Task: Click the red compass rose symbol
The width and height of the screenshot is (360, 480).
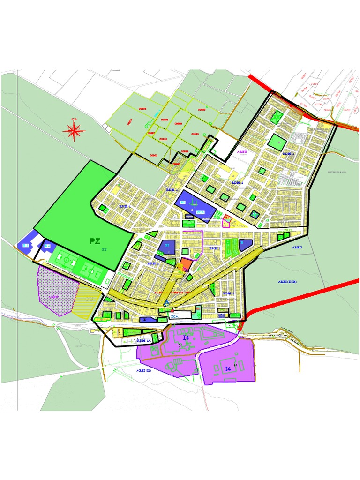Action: (75, 131)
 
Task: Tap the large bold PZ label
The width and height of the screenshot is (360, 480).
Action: (95, 241)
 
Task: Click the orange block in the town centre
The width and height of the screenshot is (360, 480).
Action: (186, 265)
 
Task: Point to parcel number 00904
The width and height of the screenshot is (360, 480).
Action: (130, 120)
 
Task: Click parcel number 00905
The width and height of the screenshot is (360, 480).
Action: (142, 109)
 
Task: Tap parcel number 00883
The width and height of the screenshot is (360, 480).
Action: (202, 110)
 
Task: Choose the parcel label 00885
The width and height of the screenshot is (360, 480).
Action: (195, 134)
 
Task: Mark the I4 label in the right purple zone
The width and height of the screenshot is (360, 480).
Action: (228, 369)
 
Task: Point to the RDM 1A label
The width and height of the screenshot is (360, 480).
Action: (143, 341)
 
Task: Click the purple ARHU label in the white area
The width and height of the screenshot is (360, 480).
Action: (242, 152)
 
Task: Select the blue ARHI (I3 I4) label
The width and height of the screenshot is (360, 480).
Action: (287, 282)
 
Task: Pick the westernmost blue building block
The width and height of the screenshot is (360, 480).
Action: (23, 245)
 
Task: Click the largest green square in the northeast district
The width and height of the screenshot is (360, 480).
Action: (277, 141)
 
